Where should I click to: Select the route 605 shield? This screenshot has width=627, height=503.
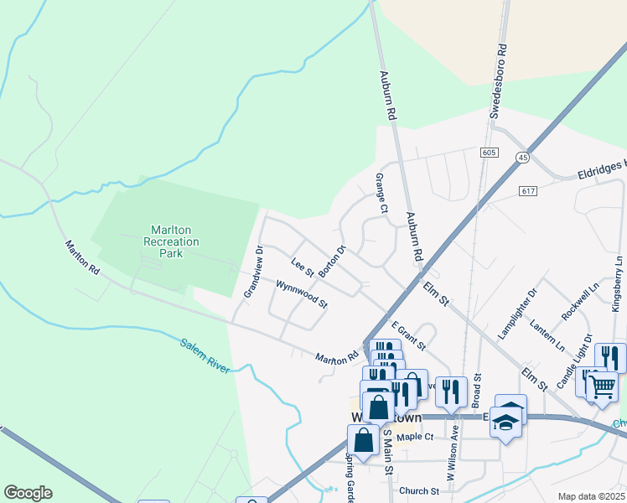coord(490,153)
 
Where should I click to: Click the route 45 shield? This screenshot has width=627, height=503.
coord(524,158)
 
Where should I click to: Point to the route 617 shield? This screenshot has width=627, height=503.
coord(527,191)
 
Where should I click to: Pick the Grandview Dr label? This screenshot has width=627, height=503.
coord(253,272)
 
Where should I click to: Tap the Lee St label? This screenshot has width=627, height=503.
coord(302,267)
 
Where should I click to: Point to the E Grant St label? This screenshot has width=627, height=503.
coord(408,336)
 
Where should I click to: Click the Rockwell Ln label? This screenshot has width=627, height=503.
coord(581,299)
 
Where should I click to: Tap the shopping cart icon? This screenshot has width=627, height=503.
coord(601,386)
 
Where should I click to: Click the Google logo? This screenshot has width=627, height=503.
coord(28,493)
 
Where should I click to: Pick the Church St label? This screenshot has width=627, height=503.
coord(418,491)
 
